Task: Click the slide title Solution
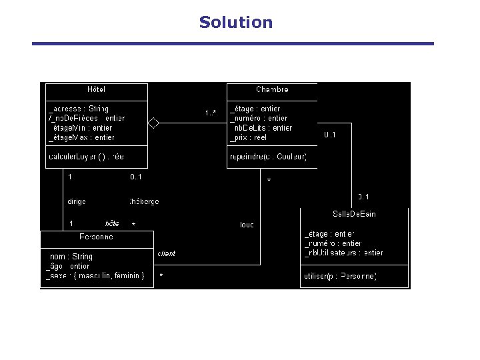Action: pos(236,23)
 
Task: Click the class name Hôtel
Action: pos(96,89)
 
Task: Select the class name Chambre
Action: pos(272,89)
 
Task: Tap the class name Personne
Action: pos(96,237)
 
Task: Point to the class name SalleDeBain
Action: pos(354,213)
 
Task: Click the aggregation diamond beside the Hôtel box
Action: pos(153,122)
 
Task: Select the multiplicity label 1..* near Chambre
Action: pos(210,113)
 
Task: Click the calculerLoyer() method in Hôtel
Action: pos(86,157)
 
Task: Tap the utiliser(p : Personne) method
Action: pos(341,276)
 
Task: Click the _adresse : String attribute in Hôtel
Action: pos(79,109)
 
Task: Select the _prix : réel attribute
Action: pos(248,137)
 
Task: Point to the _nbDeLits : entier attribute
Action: pos(261,128)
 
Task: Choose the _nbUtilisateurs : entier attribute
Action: pos(344,253)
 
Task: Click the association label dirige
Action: pos(76,201)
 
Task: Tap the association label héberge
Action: pos(144,201)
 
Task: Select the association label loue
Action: pos(247,225)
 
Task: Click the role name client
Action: pos(167,253)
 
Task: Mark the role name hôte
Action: pos(112,223)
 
